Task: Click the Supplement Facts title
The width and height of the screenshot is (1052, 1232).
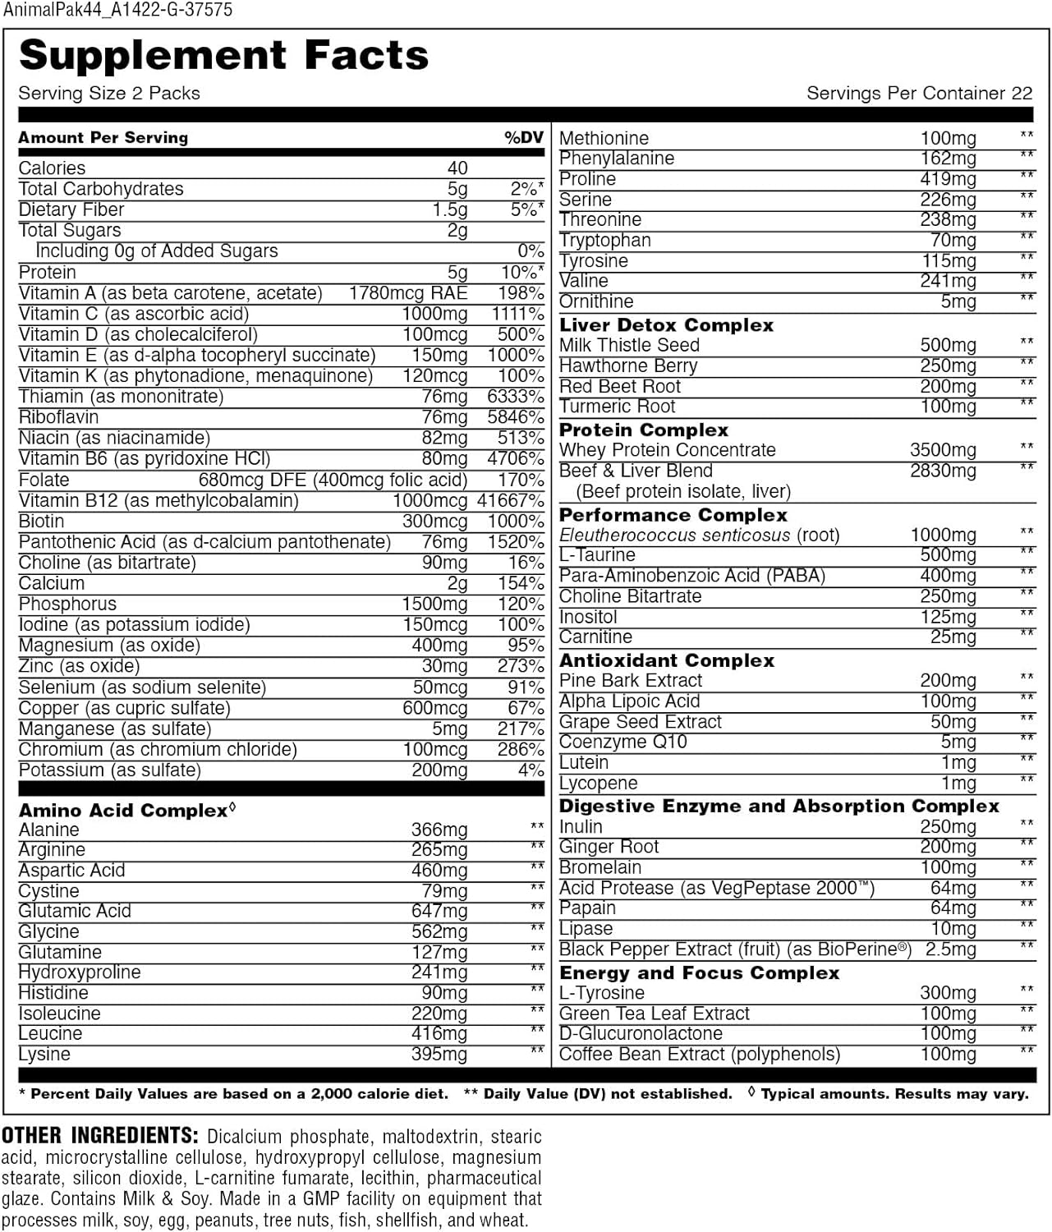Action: pyautogui.click(x=223, y=56)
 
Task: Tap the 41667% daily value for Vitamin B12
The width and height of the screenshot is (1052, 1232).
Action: pyautogui.click(x=510, y=500)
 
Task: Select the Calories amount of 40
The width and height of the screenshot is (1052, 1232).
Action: pyautogui.click(x=457, y=168)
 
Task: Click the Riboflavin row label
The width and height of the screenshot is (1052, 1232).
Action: pyautogui.click(x=58, y=417)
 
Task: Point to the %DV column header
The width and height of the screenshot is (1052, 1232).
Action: pyautogui.click(x=524, y=138)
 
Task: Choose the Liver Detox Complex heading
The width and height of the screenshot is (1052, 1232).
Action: pyautogui.click(x=666, y=325)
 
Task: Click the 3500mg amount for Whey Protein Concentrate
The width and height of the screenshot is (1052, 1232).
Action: pyautogui.click(x=943, y=450)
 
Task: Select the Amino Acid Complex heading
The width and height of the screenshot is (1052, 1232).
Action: pyautogui.click(x=123, y=811)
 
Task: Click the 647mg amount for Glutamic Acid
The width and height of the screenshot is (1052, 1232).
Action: pyautogui.click(x=439, y=912)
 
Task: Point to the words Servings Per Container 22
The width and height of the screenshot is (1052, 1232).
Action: pyautogui.click(x=919, y=94)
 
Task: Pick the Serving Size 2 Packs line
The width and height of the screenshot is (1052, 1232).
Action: pyautogui.click(x=109, y=94)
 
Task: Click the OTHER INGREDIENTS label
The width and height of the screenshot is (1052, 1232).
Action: pyautogui.click(x=99, y=1137)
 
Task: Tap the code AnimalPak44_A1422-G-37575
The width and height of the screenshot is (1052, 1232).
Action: pyautogui.click(x=117, y=10)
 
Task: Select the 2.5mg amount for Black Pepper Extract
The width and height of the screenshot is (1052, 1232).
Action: pyautogui.click(x=951, y=950)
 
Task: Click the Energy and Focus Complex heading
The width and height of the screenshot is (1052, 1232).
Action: pyautogui.click(x=699, y=973)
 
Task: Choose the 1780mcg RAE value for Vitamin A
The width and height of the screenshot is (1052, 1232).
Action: pyautogui.click(x=407, y=293)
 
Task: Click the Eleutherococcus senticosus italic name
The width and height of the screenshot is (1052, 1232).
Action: pyautogui.click(x=673, y=536)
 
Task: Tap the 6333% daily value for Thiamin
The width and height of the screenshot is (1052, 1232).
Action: pyautogui.click(x=515, y=397)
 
